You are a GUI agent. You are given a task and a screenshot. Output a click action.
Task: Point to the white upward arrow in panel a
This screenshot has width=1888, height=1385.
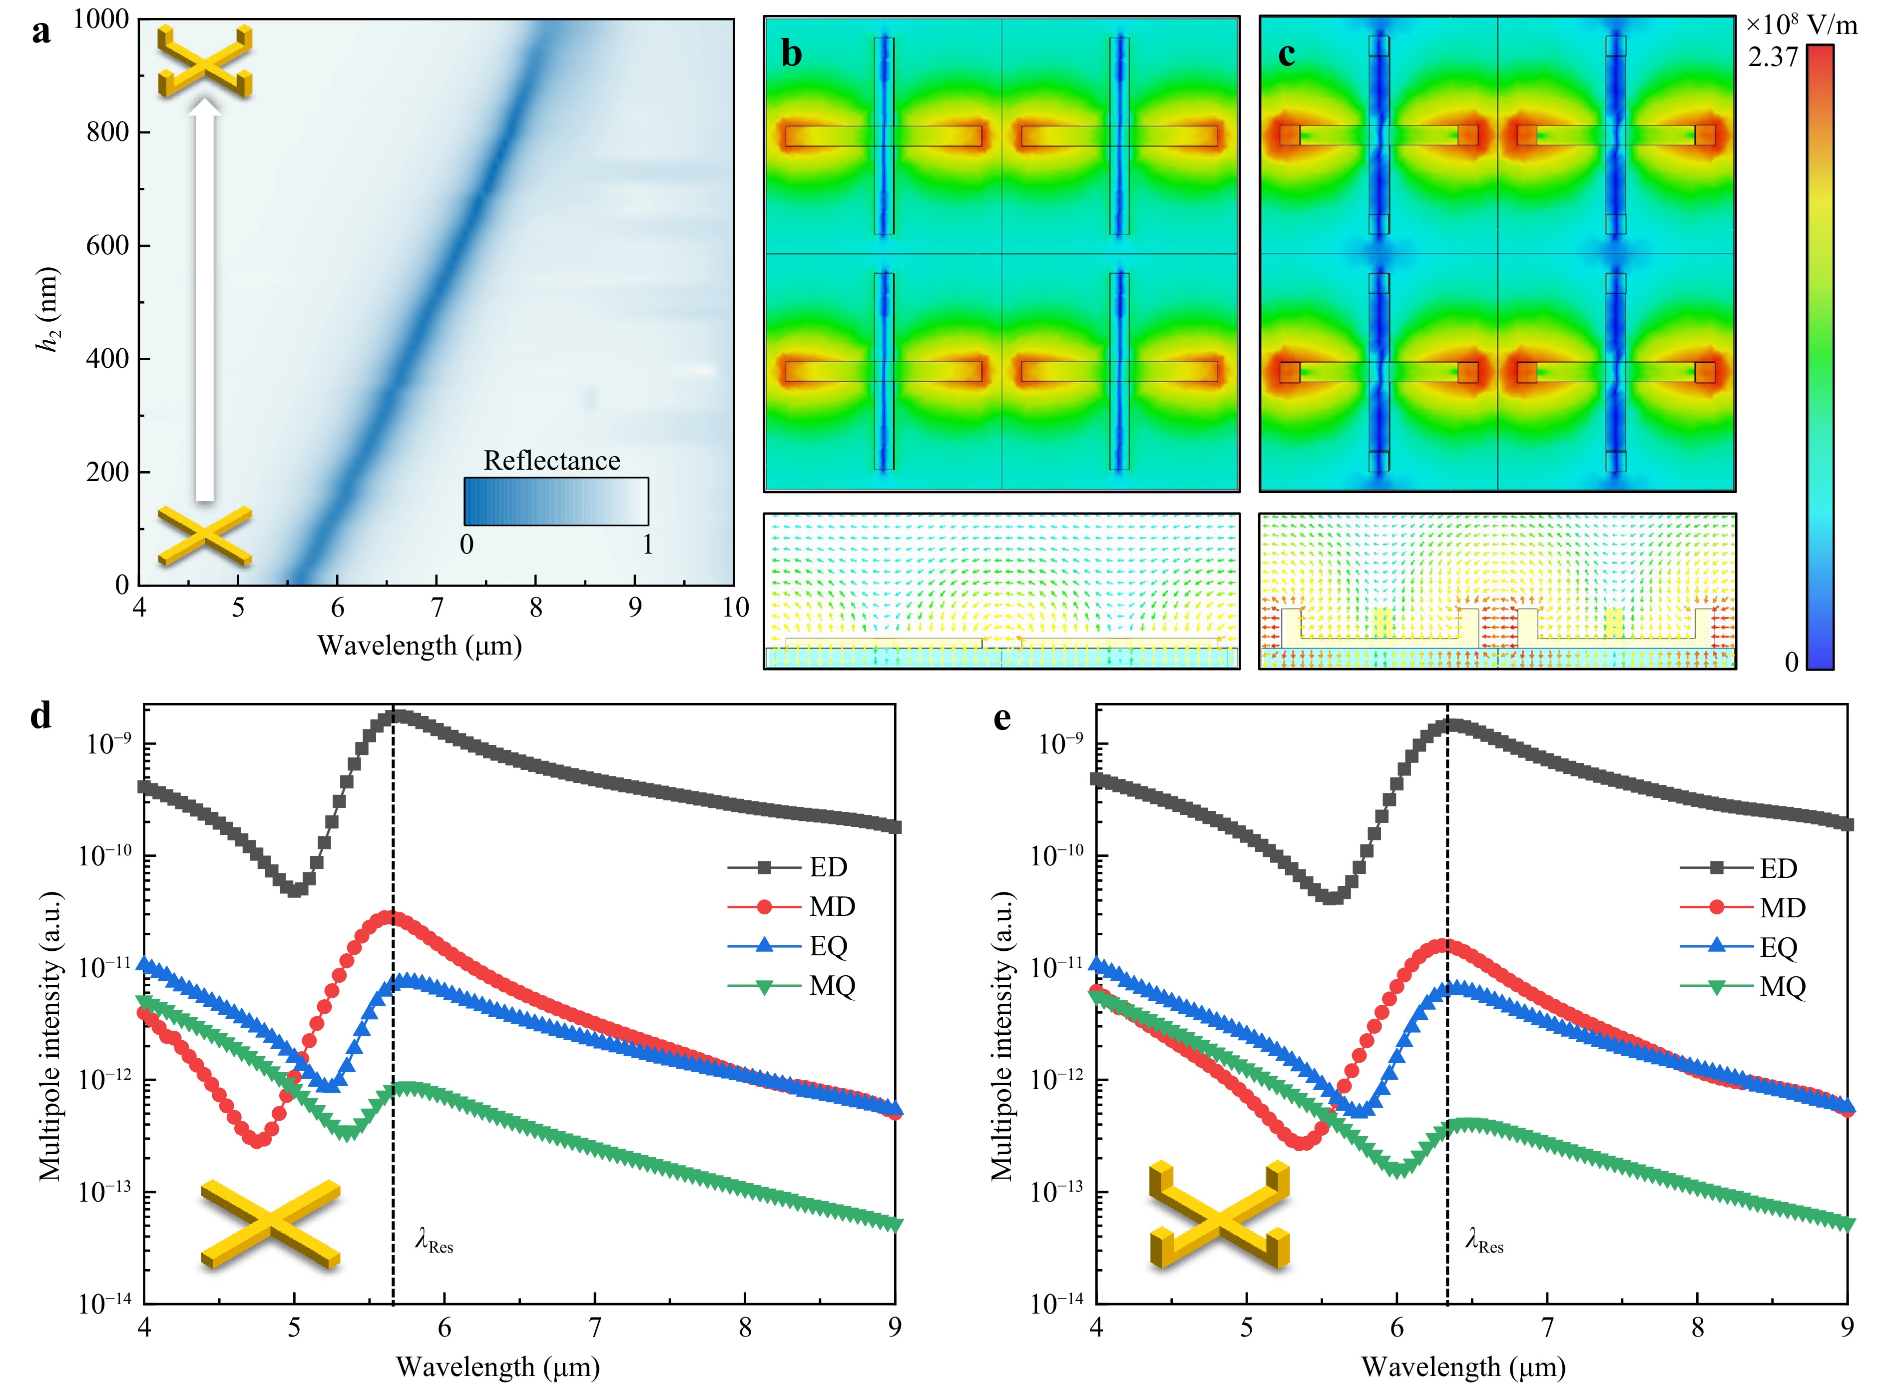coord(204,302)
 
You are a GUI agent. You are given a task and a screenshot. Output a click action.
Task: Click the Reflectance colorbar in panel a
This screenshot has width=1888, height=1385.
coord(555,501)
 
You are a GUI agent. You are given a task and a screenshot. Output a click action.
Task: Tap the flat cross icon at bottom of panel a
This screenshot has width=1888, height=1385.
coord(204,536)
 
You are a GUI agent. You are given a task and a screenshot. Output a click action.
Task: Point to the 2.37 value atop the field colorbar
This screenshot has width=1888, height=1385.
coord(1772,57)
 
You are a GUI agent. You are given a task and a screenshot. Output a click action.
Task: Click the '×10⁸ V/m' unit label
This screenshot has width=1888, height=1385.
coord(1802,24)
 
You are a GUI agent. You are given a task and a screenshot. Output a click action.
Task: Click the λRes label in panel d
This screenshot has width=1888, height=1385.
coord(434,1240)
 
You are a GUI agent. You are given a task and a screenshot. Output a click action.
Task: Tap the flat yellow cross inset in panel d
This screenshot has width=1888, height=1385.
coord(271,1223)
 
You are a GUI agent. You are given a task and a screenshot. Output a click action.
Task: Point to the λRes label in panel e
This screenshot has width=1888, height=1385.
coord(1484,1240)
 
